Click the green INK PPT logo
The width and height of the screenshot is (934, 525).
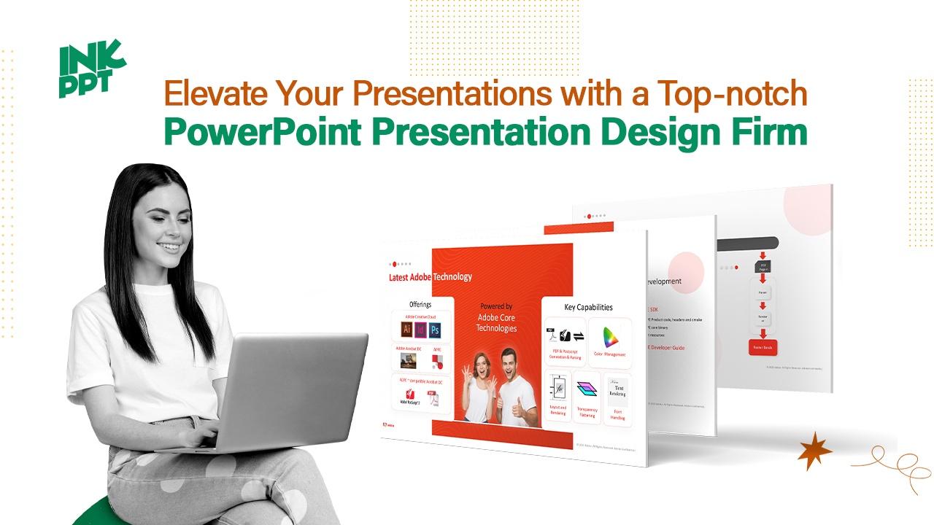[x=90, y=71]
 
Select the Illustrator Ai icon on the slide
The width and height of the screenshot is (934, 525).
[x=406, y=330]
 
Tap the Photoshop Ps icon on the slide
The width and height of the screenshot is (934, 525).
[x=436, y=330]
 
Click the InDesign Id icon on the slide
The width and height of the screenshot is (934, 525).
[x=421, y=330]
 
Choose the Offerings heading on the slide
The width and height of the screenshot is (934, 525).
[x=420, y=304]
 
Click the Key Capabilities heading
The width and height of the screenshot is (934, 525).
[x=588, y=307]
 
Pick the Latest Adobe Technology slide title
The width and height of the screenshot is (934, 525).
[x=430, y=277]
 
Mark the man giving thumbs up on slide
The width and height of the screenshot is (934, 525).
[x=517, y=386]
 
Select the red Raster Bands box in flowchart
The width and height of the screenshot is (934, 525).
[x=761, y=348]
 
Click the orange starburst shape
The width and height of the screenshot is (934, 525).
[x=814, y=451]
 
